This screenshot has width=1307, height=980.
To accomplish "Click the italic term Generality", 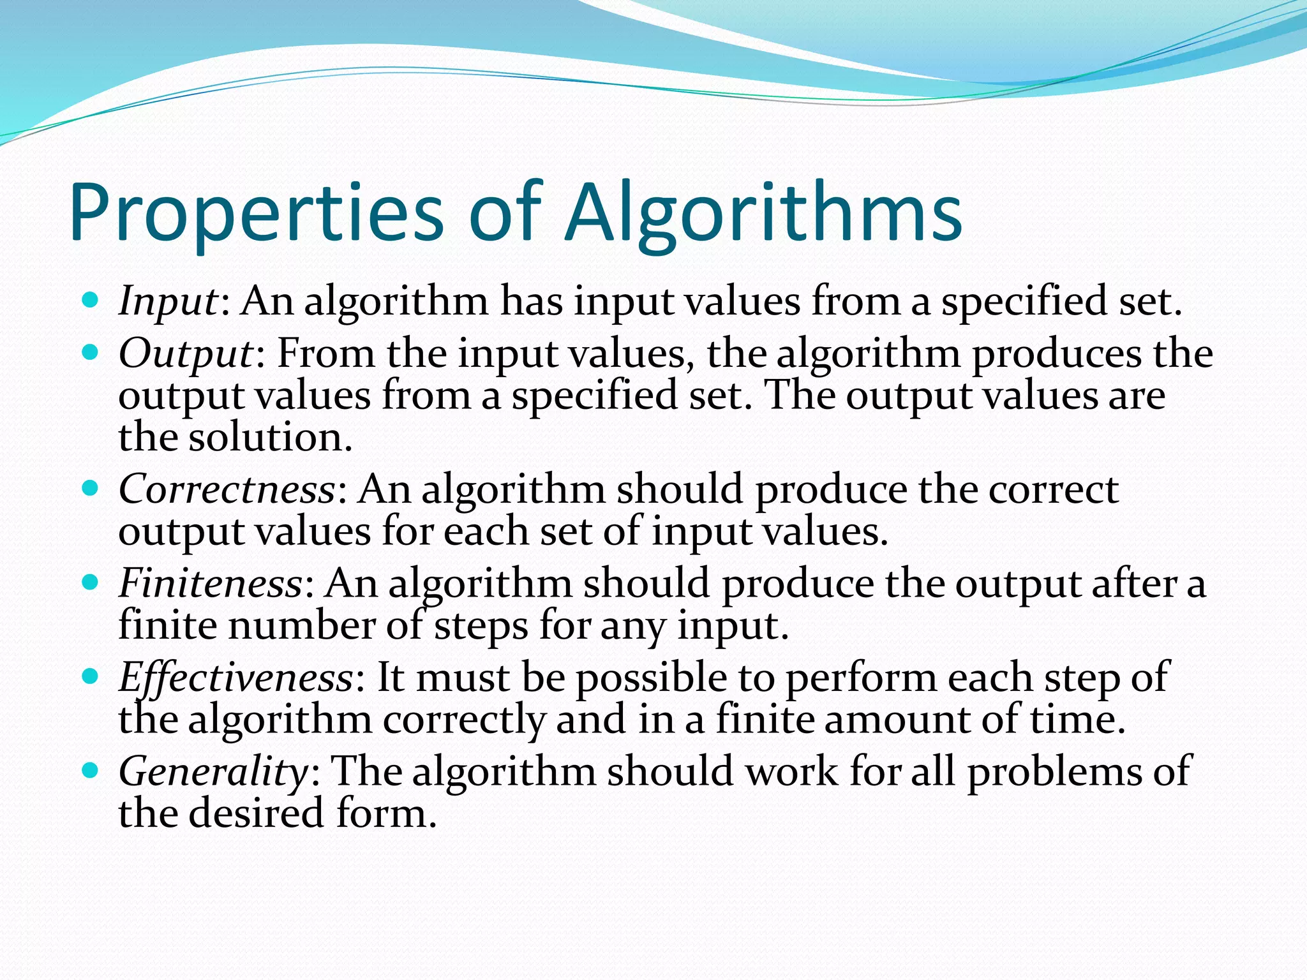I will [x=213, y=771].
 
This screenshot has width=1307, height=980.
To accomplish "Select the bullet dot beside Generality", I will [x=91, y=769].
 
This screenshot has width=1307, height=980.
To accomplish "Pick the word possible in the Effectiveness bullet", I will [x=651, y=678].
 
